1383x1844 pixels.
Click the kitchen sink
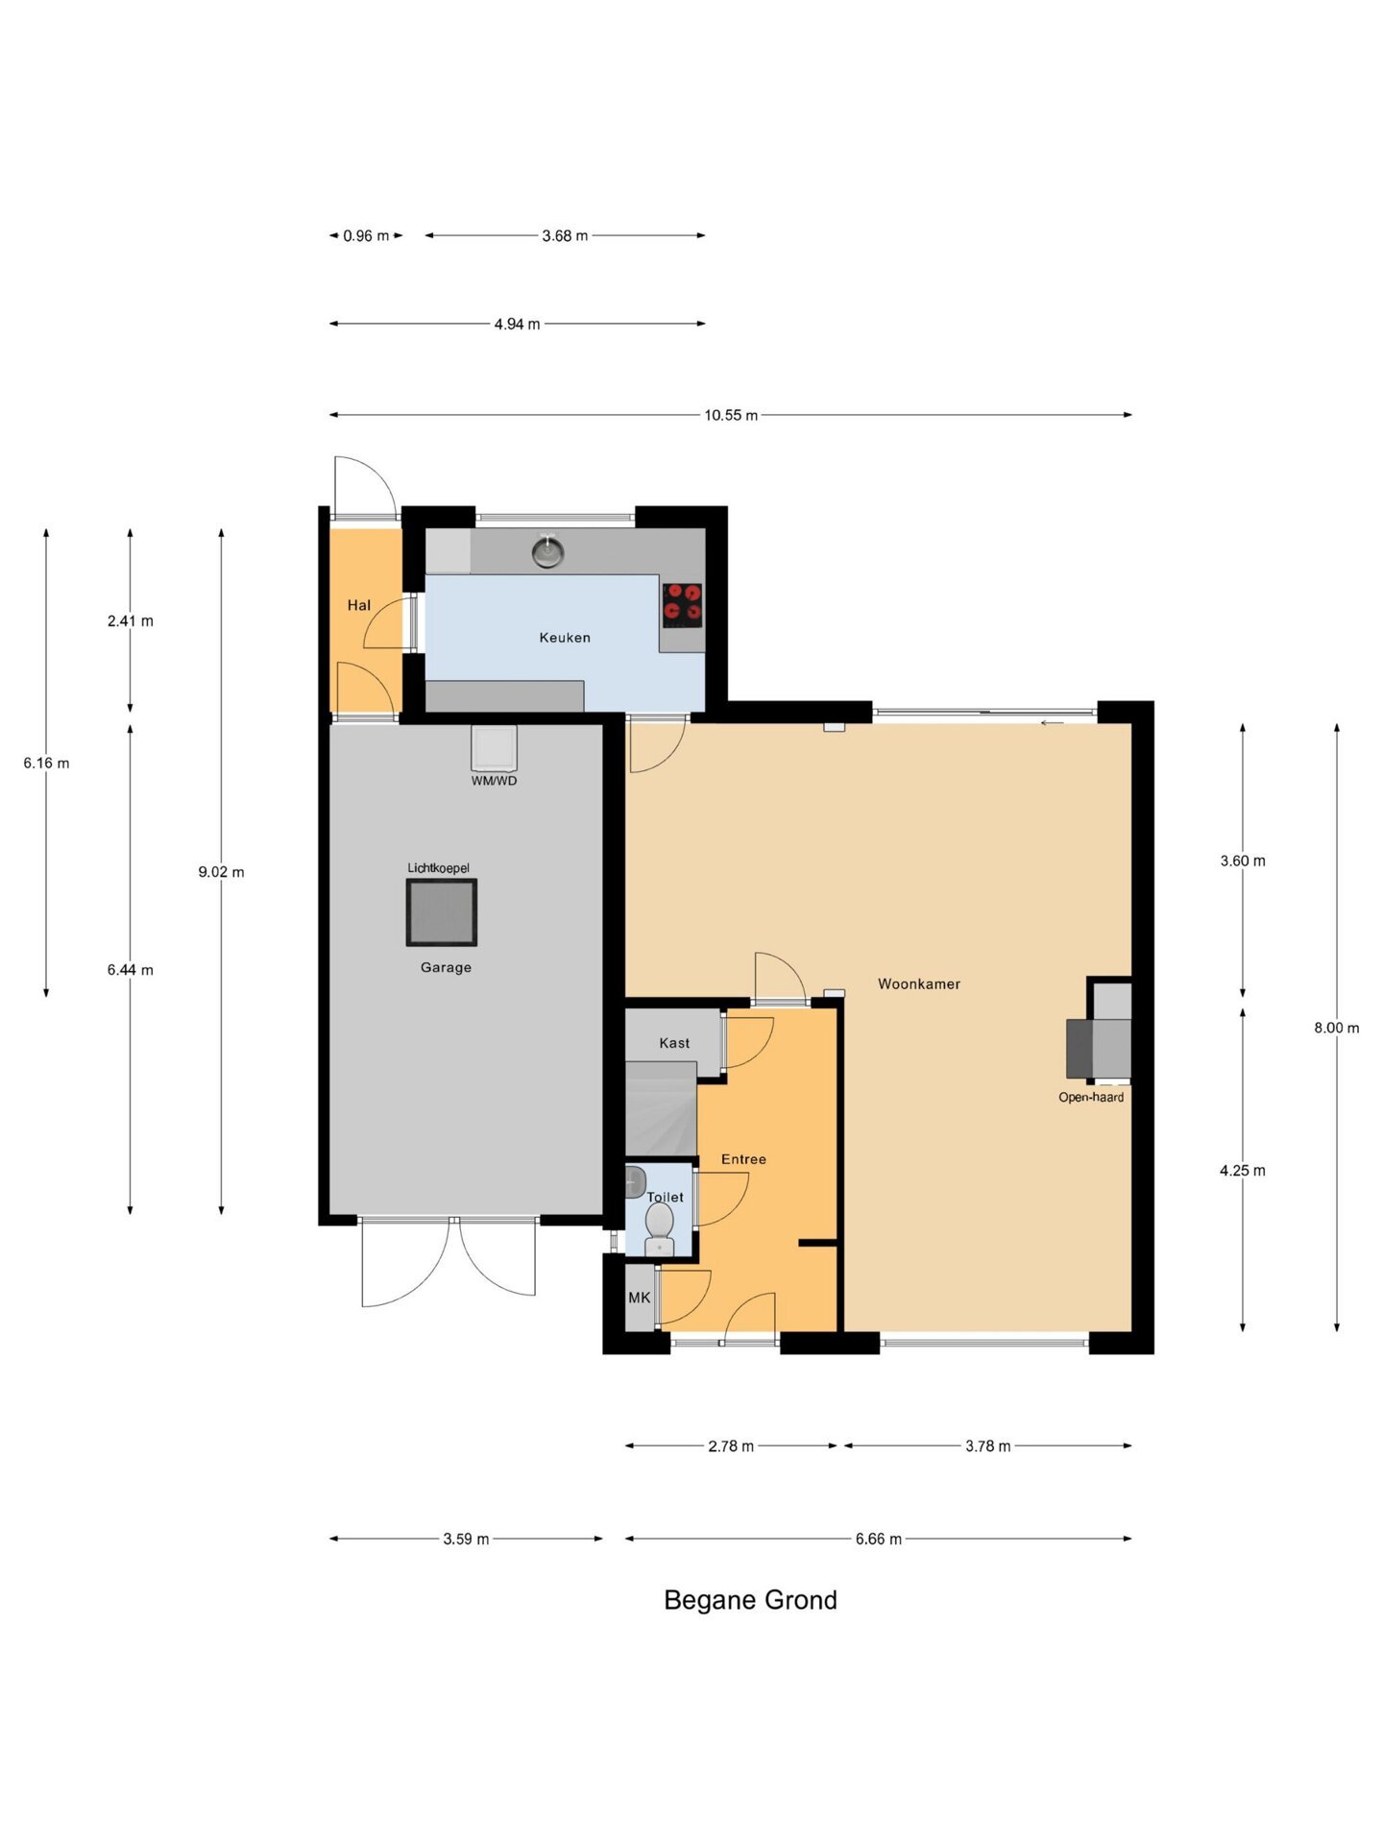click(x=548, y=551)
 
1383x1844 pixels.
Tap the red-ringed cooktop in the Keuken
click(x=682, y=605)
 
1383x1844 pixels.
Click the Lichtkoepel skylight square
click(x=442, y=912)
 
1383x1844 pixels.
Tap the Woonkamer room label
click(x=919, y=983)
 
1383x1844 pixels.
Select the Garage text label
click(x=446, y=967)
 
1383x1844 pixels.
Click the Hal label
click(x=359, y=605)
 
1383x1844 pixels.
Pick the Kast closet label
click(x=674, y=1043)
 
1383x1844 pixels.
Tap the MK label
click(x=640, y=1298)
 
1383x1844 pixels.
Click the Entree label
click(x=744, y=1159)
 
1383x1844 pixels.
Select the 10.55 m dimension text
click(x=731, y=415)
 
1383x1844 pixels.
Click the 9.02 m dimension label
click(x=221, y=872)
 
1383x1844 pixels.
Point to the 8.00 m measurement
click(x=1337, y=1028)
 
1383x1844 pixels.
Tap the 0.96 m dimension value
click(x=366, y=235)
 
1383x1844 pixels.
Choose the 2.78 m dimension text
click(x=731, y=1446)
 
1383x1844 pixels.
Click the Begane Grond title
click(x=751, y=1600)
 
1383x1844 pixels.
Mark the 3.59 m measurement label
click(x=466, y=1540)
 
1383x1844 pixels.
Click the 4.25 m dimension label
click(x=1243, y=1171)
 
